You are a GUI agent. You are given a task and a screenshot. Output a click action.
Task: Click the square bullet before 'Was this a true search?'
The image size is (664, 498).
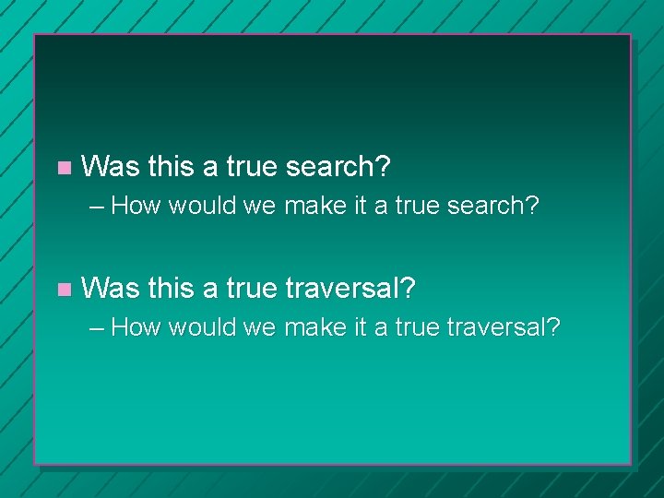[63, 168]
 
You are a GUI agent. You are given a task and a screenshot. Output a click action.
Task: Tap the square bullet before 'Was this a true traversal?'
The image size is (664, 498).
[63, 290]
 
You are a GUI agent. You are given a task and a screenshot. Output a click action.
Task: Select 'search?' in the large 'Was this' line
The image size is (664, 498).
[338, 167]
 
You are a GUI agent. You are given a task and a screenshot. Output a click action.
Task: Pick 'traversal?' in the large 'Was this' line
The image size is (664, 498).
[350, 290]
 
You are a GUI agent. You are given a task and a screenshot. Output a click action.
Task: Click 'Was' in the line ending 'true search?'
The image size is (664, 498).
[110, 167]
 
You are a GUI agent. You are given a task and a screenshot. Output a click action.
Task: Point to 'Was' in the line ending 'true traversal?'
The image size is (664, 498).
[110, 290]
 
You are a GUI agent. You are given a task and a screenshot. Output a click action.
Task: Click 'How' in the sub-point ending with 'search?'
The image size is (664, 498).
[141, 206]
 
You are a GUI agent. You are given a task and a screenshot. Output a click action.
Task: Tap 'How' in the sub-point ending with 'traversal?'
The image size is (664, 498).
[141, 327]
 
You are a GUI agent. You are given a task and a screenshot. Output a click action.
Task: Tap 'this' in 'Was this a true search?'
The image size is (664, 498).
[171, 167]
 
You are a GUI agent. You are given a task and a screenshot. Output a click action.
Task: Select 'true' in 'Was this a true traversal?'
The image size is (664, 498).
[251, 290]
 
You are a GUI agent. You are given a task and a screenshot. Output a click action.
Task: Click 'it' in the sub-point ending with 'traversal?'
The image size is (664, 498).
[362, 327]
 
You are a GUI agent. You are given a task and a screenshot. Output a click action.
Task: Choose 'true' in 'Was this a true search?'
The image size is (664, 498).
[251, 167]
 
